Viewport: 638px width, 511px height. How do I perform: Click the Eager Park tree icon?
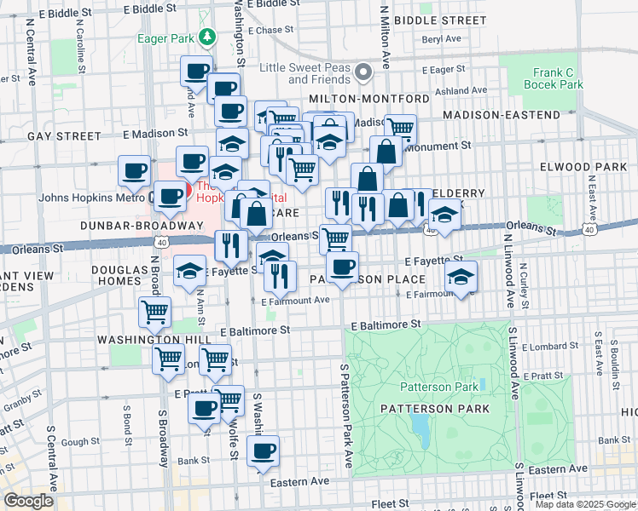click(206, 37)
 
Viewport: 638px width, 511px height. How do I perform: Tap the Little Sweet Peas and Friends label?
click(305, 73)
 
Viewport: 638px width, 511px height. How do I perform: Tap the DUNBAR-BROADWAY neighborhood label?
click(128, 226)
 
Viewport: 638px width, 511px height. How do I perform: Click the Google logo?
click(29, 501)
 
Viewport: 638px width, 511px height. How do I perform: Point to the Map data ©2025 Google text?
click(585, 504)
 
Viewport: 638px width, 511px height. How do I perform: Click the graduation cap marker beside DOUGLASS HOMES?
click(189, 272)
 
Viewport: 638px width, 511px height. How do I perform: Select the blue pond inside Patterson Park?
click(420, 424)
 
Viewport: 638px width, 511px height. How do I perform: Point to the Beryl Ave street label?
click(442, 39)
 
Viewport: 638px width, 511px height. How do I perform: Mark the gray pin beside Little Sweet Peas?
click(364, 71)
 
